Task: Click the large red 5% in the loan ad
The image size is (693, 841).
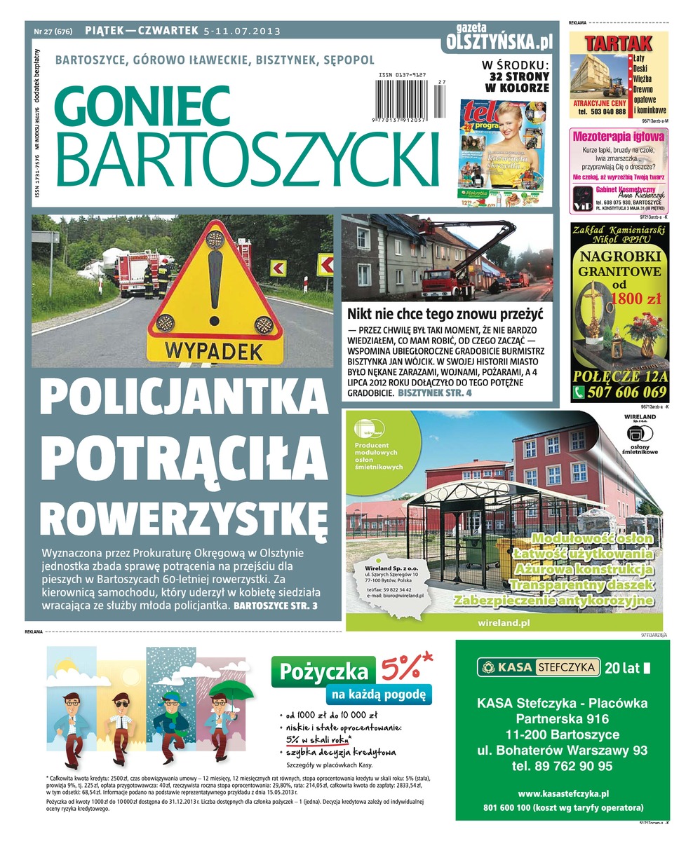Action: tap(406, 669)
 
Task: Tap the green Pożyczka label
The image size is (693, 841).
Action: tap(323, 672)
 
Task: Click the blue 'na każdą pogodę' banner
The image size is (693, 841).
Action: tap(378, 695)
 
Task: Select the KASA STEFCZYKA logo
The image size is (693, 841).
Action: tap(538, 667)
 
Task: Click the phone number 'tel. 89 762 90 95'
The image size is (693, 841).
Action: tap(562, 766)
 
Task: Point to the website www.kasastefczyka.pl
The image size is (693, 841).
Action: tap(563, 793)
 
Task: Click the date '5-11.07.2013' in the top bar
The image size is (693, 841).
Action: tap(242, 31)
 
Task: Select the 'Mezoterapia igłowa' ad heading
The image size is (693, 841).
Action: tap(618, 137)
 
